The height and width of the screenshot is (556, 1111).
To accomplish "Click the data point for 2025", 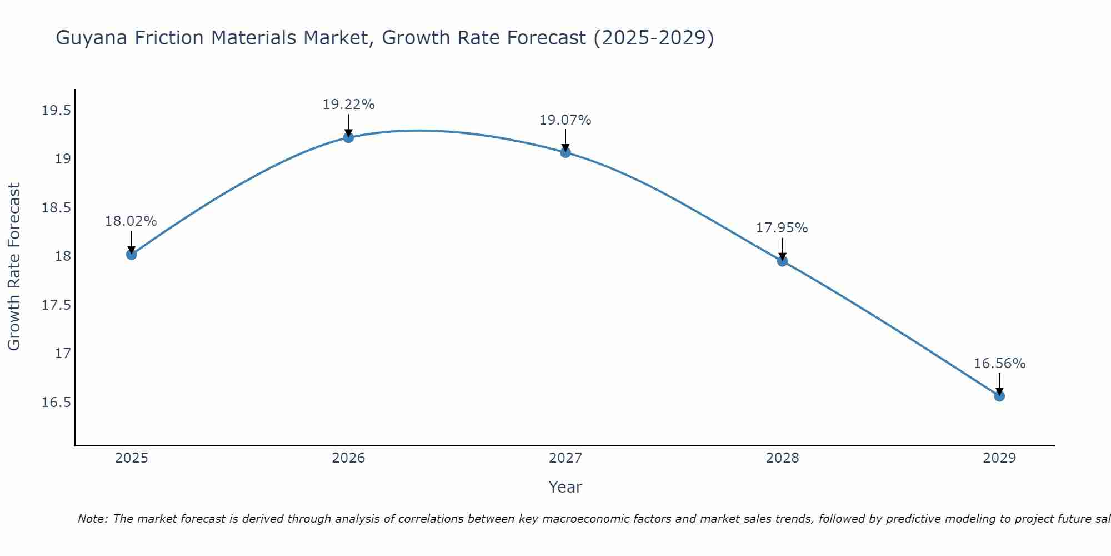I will [x=131, y=254].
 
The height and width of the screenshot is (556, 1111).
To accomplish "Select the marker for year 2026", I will [x=348, y=137].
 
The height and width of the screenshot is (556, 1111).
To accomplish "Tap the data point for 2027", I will [x=565, y=152].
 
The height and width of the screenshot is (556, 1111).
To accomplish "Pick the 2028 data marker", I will [x=782, y=261].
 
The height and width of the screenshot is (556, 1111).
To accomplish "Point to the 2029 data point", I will [x=999, y=396].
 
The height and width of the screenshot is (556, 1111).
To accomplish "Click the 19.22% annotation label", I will [x=348, y=105].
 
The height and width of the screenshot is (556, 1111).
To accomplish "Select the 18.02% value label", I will [x=131, y=221].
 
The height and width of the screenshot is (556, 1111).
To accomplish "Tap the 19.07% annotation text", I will [x=565, y=120].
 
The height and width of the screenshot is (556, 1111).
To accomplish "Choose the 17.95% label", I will [x=782, y=228].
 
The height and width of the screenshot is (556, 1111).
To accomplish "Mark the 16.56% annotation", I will [x=999, y=364].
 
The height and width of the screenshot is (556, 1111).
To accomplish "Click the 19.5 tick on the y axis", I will [x=57, y=111].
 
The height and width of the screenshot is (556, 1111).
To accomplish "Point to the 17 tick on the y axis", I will [x=63, y=354].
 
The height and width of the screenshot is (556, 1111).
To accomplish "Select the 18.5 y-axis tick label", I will [x=57, y=208].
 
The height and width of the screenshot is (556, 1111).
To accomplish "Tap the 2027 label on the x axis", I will [x=565, y=458].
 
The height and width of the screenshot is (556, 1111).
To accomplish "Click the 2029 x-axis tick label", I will [x=999, y=458].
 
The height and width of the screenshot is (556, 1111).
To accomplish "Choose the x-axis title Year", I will [x=565, y=487].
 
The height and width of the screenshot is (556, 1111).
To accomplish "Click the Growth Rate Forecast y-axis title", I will [x=14, y=267].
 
